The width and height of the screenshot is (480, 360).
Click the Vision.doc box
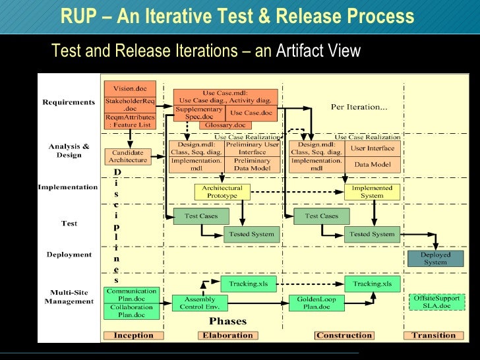(130, 88)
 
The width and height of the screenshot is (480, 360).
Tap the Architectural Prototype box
(222, 192)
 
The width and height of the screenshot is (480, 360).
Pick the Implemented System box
(372, 192)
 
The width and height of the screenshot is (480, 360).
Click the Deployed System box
(435, 258)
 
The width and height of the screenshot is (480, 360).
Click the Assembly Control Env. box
(199, 303)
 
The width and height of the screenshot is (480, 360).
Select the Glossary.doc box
(225, 125)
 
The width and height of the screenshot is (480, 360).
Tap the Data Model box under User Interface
(372, 164)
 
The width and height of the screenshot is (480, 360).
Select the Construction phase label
(344, 335)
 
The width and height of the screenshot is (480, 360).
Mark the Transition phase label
(434, 335)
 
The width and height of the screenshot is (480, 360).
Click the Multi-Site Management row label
(69, 296)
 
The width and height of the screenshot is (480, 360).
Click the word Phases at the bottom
(227, 322)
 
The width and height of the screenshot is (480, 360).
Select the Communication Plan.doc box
(132, 294)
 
